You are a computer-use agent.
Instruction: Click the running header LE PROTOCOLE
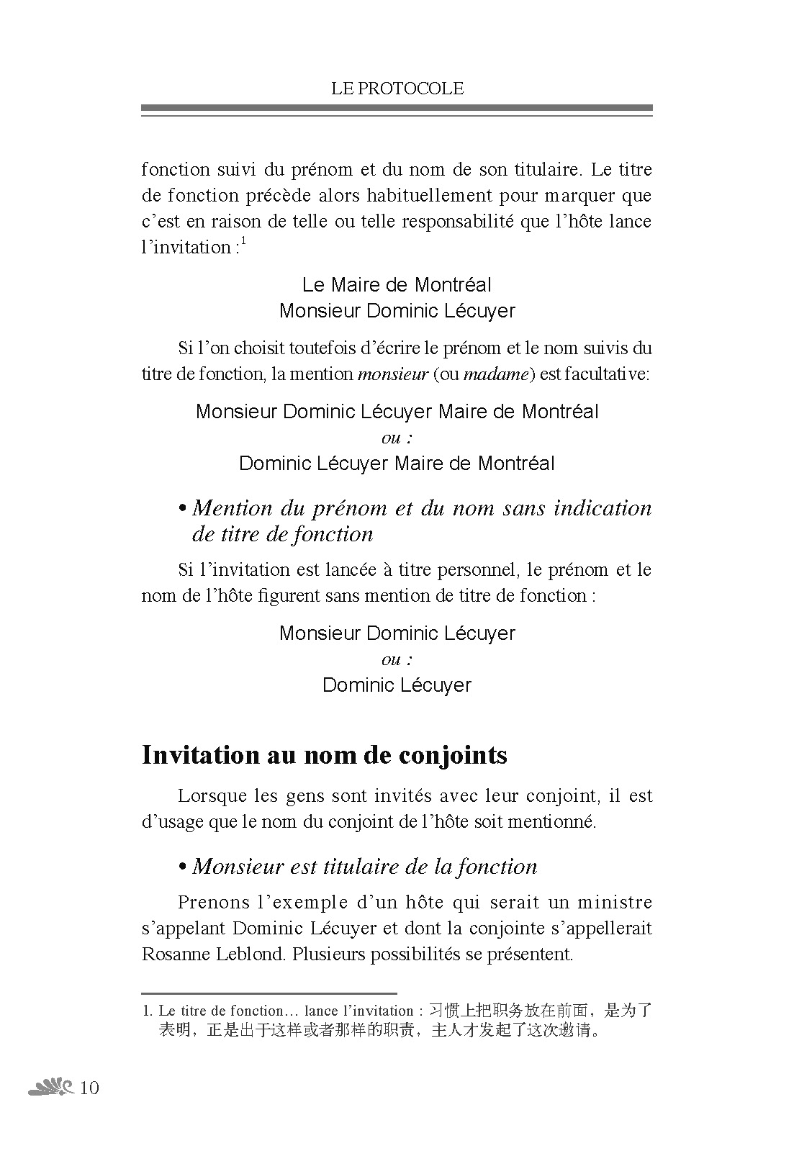coord(397,89)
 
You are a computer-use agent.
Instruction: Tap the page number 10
coord(89,1087)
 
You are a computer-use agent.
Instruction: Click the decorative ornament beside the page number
coord(50,1087)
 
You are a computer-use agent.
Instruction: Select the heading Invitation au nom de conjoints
coord(325,754)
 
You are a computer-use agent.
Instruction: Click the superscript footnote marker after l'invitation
coord(243,241)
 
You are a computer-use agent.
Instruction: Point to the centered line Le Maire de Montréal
coord(397,285)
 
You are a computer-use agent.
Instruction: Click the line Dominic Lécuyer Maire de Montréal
coord(397,464)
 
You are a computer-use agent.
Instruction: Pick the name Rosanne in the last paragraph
coord(172,954)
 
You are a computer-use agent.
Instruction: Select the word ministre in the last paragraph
coord(615,903)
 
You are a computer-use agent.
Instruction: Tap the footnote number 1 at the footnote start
coord(146,1011)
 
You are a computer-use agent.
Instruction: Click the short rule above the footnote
coord(269,993)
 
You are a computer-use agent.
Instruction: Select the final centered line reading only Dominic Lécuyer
coord(397,685)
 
